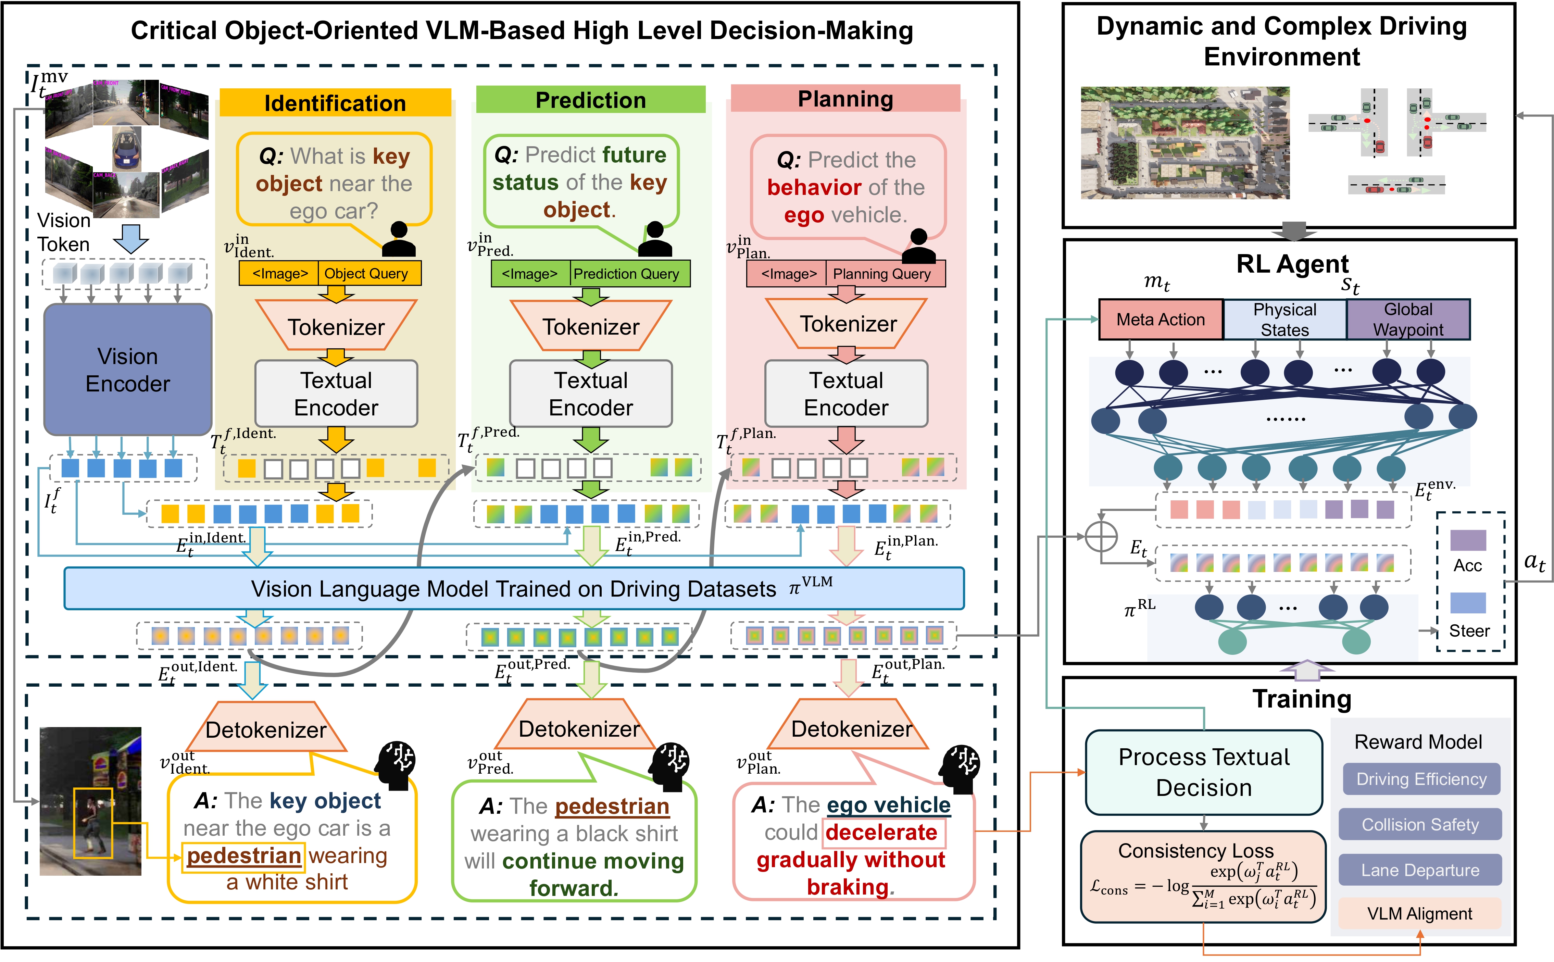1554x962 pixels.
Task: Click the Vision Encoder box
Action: (127, 370)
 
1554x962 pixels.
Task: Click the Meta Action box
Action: (1160, 320)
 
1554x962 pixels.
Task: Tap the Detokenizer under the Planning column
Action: (851, 728)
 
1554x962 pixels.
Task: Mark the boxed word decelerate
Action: (882, 832)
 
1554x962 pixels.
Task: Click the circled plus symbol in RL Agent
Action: (1101, 536)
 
